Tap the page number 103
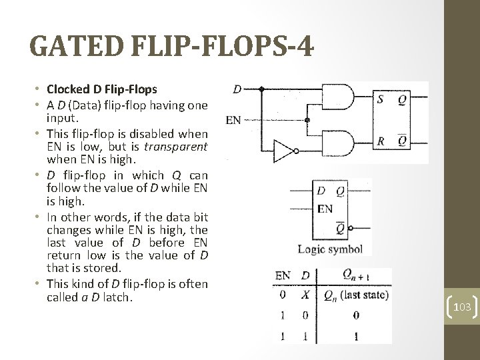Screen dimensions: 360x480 (x=461, y=307)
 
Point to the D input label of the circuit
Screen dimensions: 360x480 (x=237, y=88)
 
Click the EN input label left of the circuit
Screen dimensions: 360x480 (x=233, y=121)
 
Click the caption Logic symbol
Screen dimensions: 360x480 (x=330, y=250)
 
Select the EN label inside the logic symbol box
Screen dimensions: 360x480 (x=325, y=209)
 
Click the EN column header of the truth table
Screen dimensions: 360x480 (x=283, y=275)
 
